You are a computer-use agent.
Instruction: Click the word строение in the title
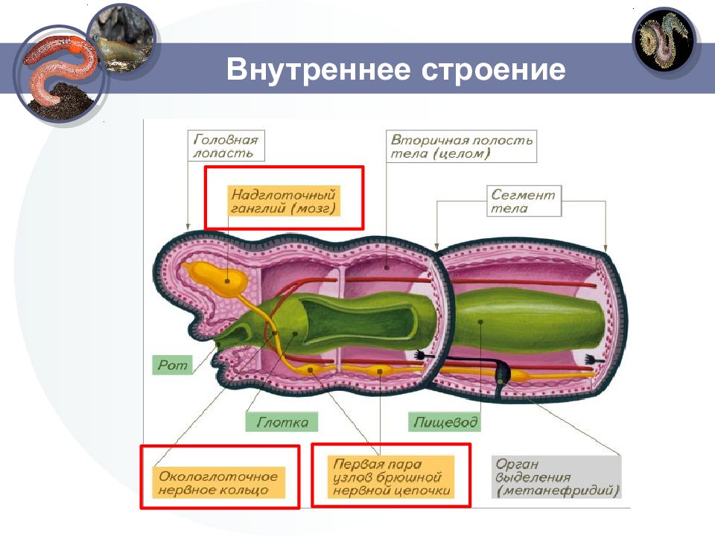click(x=493, y=71)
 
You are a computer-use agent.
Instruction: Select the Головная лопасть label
click(x=226, y=146)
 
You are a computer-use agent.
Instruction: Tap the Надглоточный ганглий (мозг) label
click(x=284, y=201)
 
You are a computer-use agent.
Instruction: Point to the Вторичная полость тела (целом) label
click(x=462, y=147)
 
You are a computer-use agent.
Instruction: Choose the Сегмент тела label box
click(x=524, y=201)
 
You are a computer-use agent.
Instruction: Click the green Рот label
click(x=172, y=365)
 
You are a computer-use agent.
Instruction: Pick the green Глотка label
click(x=282, y=421)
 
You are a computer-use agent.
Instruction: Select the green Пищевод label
click(x=445, y=421)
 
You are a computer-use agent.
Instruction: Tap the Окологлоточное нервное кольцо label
click(x=218, y=482)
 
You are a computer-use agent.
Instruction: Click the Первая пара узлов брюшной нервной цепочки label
click(x=391, y=476)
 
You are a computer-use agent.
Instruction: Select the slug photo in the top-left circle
click(x=123, y=40)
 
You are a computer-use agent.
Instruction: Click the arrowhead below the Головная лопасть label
click(x=188, y=227)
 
